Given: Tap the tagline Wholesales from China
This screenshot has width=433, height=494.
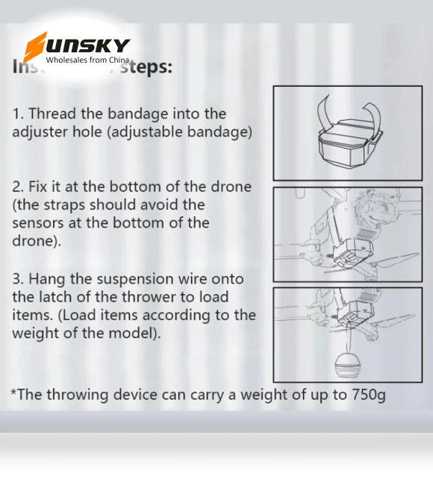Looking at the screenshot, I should coord(87,60).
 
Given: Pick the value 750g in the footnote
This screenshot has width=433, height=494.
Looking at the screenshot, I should coord(369,394).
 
